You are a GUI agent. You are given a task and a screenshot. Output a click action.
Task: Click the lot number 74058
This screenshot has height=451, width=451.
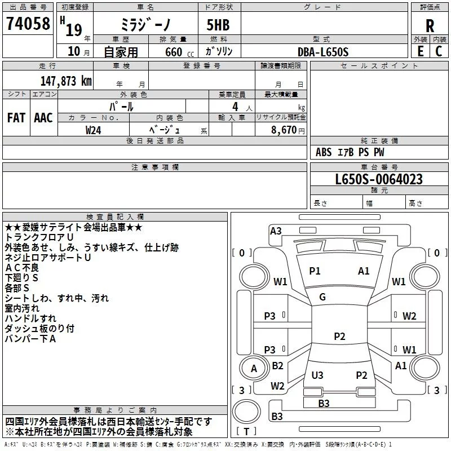28,24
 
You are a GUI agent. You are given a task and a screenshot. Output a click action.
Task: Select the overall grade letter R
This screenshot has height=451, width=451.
430,25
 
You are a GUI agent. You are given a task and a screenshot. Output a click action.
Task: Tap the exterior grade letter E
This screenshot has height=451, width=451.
421,51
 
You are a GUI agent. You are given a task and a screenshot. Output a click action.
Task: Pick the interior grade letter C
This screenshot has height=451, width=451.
439,51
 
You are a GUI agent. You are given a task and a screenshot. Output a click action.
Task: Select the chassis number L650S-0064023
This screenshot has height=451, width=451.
378,180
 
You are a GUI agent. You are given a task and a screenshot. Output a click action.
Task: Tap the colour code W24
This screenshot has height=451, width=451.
94,130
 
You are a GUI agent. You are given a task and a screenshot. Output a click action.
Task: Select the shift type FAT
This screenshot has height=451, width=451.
16,118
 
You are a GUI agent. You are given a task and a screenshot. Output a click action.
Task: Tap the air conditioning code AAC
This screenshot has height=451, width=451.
43,118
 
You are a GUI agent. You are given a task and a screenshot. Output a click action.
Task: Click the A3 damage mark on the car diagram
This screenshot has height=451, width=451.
276,231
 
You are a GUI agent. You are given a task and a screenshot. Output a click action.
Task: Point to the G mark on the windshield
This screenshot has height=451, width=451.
322,297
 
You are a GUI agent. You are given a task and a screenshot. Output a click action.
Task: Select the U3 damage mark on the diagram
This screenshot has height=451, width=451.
317,375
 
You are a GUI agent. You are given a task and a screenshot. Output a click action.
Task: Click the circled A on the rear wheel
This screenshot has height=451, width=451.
254,369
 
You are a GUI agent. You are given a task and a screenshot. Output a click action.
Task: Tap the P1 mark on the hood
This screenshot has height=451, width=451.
315,271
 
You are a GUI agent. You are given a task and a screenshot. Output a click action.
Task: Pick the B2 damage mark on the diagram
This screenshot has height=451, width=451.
277,366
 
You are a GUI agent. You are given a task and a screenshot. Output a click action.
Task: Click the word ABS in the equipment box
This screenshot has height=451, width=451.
324,152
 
